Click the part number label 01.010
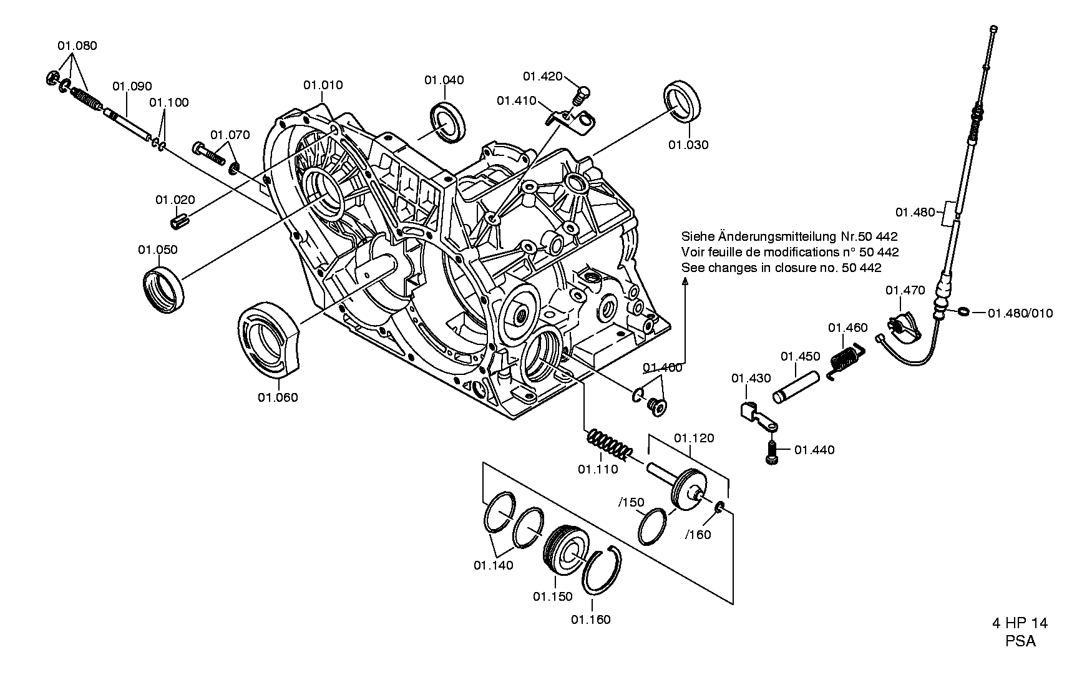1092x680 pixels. (x=323, y=85)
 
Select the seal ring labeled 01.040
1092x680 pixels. (x=447, y=121)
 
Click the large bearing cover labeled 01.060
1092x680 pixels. (x=270, y=340)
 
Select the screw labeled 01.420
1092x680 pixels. (x=580, y=94)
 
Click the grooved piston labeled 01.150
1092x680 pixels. (x=565, y=547)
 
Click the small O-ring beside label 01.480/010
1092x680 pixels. (x=963, y=311)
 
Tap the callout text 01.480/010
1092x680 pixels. (x=1020, y=313)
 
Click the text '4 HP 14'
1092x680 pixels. (x=1020, y=623)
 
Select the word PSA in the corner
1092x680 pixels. (x=1020, y=641)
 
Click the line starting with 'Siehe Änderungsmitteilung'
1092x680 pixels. (x=789, y=237)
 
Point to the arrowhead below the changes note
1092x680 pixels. (x=686, y=283)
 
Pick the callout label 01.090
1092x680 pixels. (x=132, y=86)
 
